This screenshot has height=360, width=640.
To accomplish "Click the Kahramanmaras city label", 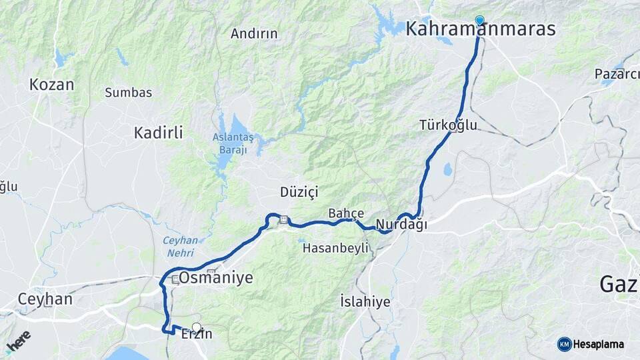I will coord(480,29).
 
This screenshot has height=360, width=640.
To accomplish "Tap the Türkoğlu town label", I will coord(448,125).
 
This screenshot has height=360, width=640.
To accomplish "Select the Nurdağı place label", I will coord(401,225).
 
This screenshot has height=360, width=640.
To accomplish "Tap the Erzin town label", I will coord(197,334).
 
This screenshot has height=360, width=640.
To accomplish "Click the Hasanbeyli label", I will coord(335,248).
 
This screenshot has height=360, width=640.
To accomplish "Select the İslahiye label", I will coord(365,301).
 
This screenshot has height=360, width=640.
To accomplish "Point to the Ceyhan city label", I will coord(45,299).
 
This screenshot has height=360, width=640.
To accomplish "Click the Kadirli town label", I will coord(158,133).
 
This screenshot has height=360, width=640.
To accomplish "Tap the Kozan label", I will coord(51,85).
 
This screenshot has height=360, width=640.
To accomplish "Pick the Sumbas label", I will coord(128,93).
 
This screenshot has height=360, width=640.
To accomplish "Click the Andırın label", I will coord(254,33).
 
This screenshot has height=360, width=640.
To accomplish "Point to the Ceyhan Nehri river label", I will coord(180,246).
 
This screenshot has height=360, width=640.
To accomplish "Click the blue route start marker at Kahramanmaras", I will coord(479,21).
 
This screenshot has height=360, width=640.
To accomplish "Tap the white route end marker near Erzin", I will coord(196,327).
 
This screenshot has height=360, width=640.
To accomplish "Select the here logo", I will coord(18,341).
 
